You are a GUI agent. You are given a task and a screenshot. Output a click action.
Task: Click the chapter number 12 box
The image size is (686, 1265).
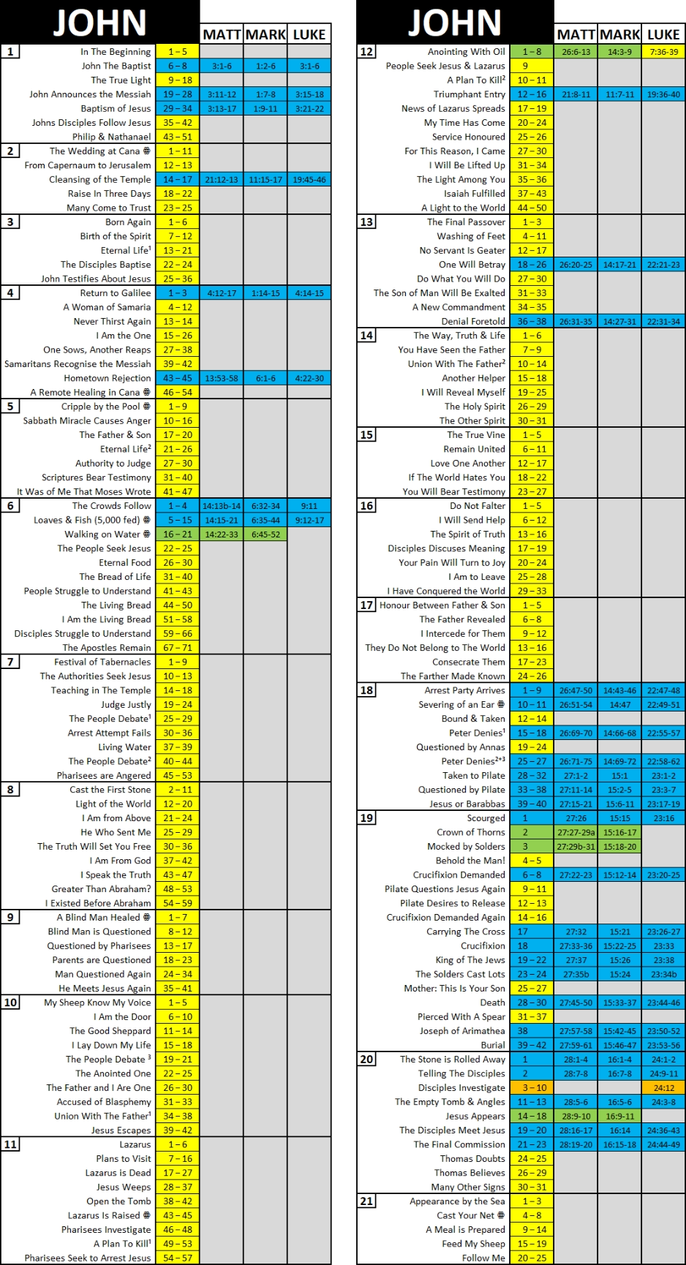(x=366, y=52)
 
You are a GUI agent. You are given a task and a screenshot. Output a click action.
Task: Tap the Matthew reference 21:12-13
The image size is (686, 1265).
(x=222, y=180)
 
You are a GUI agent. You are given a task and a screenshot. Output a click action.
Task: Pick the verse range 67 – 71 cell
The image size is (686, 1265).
(x=178, y=648)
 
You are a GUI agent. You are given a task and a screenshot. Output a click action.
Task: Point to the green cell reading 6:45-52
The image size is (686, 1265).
(x=265, y=535)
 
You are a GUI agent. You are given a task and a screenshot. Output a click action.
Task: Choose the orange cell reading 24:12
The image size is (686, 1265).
(x=663, y=1088)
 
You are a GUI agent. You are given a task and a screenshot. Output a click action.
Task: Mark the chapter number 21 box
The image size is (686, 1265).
(x=366, y=1201)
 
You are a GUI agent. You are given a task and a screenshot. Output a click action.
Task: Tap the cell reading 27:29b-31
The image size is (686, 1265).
(x=576, y=847)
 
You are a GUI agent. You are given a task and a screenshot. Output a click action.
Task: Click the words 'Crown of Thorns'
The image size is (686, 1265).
(x=470, y=832)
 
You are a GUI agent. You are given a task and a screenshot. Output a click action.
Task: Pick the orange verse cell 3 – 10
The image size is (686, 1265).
(x=532, y=1088)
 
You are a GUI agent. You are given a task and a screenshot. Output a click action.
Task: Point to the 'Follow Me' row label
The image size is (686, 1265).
(x=483, y=1258)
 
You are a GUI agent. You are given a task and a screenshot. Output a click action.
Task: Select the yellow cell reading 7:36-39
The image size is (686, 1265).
(x=663, y=52)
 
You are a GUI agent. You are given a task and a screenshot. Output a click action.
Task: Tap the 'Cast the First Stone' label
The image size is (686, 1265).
(x=110, y=790)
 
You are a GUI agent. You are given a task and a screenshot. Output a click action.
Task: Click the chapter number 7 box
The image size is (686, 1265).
(x=10, y=662)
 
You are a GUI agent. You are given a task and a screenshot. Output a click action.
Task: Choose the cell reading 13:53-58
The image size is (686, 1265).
(x=222, y=378)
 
